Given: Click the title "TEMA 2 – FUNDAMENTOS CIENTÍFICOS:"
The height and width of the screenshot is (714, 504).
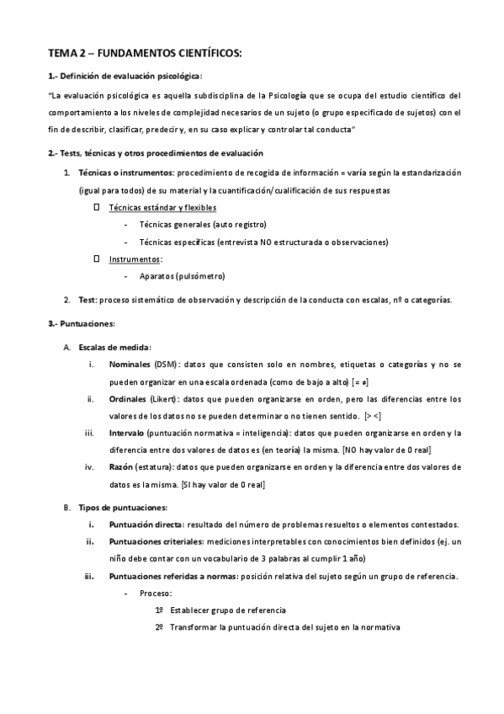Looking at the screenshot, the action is tap(144, 53).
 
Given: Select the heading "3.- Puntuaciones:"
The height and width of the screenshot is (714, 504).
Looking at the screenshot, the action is tap(82, 323).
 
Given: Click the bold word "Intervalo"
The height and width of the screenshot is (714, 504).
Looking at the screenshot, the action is tap(126, 433).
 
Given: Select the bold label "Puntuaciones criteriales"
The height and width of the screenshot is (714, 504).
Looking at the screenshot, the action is tap(157, 541).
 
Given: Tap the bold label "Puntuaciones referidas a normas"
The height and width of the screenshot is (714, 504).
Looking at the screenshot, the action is tap(173, 576).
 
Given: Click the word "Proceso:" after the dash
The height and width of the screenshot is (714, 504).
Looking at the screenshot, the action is tap(156, 594).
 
